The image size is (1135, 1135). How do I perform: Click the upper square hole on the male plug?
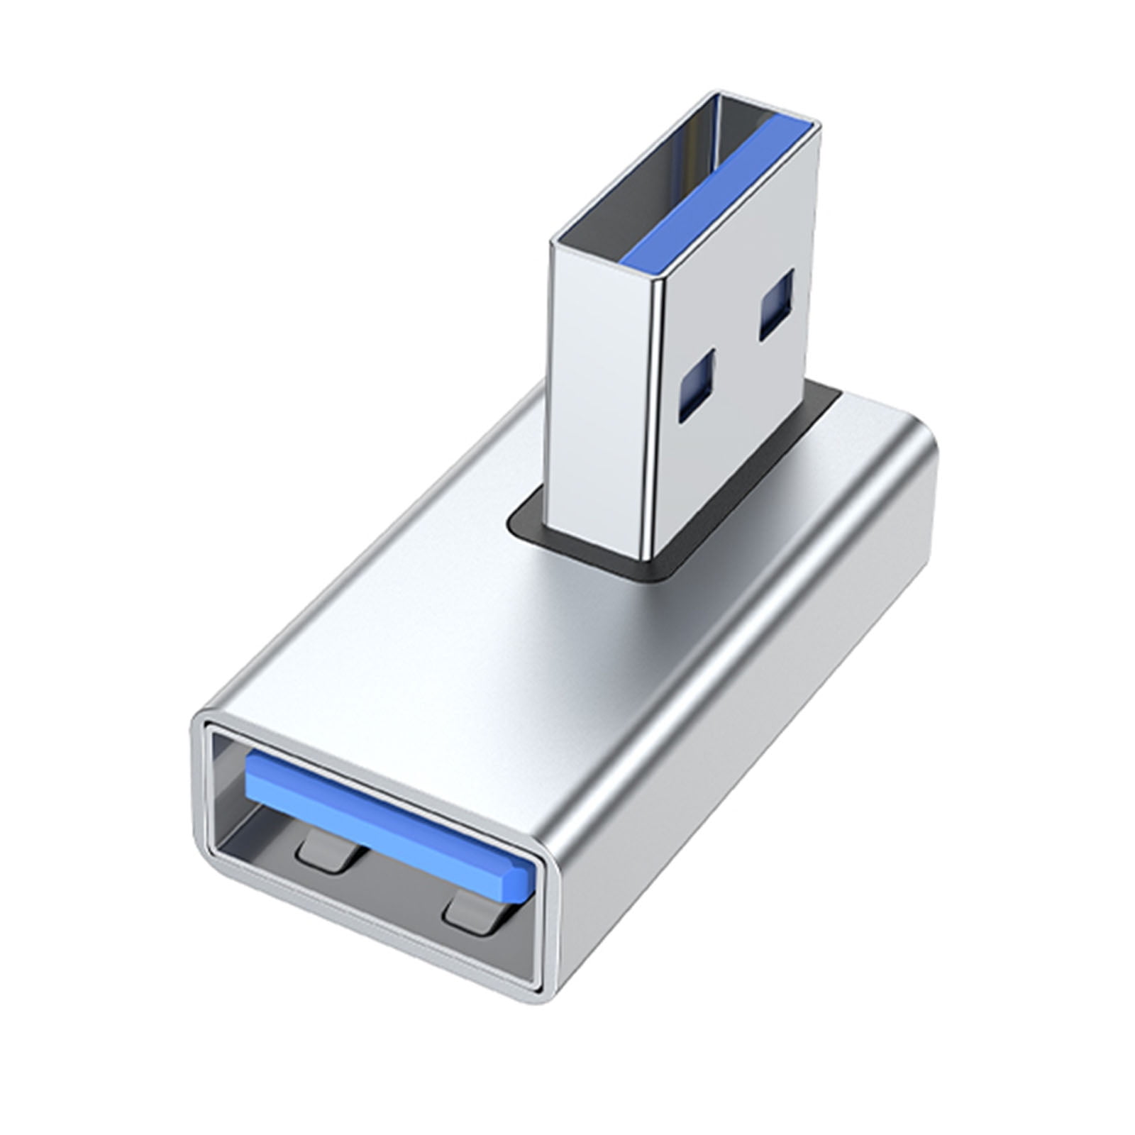(x=776, y=304)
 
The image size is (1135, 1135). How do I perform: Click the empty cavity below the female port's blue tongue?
(x=397, y=887)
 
